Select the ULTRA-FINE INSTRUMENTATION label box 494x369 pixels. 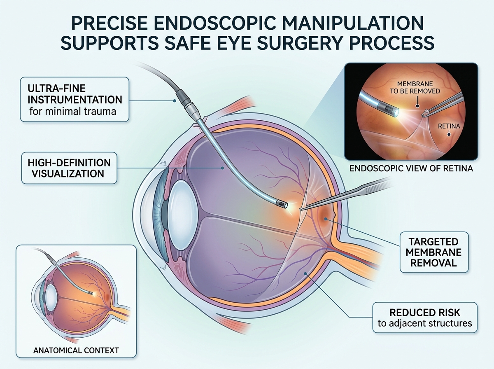click(75, 100)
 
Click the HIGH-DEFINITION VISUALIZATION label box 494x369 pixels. click(69, 168)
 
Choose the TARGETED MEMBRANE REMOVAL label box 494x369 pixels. click(434, 252)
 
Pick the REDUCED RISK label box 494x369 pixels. click(425, 318)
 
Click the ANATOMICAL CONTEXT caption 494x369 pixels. click(76, 350)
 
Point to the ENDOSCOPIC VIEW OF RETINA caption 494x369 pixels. click(411, 168)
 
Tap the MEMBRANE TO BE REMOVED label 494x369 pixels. click(415, 87)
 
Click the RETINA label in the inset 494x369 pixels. click(449, 126)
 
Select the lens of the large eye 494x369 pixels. click(182, 215)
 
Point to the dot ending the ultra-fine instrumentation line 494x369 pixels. click(175, 100)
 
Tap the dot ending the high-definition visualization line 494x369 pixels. click(222, 168)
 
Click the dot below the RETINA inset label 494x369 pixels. click(449, 135)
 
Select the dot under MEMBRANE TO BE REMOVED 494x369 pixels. click(417, 106)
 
